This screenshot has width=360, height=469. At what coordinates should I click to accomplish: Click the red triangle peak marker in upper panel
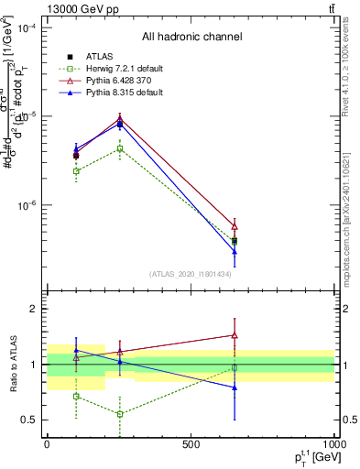119,118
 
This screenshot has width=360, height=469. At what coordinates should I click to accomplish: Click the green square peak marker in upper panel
119,148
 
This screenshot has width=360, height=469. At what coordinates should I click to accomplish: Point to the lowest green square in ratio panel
119,414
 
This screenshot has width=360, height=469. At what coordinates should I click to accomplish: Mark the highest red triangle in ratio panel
235,335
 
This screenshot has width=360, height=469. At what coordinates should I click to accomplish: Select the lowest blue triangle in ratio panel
235,387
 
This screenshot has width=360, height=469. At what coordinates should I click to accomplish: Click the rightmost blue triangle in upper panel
235,251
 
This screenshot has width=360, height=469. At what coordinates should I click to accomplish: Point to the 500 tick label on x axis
191,444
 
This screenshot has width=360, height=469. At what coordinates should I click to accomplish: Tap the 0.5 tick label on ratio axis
30,420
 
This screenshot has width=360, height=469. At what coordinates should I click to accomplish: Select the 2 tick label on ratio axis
35,309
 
